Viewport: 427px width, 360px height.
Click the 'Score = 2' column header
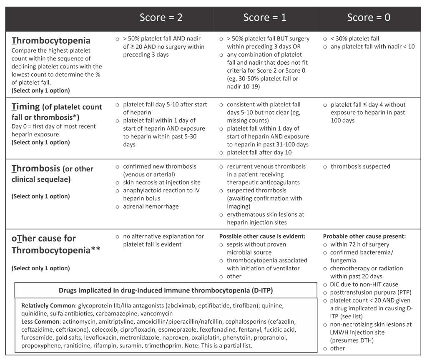(x=161, y=17)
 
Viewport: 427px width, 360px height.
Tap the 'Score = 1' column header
(x=265, y=17)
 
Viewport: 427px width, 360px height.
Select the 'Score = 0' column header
(x=369, y=17)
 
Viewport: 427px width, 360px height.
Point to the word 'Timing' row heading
(x=28, y=107)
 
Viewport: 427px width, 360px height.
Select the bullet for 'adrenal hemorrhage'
(x=118, y=206)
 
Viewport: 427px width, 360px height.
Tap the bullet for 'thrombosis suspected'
(x=325, y=167)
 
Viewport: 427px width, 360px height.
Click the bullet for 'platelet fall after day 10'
(x=221, y=152)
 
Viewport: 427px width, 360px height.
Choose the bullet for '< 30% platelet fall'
(x=325, y=39)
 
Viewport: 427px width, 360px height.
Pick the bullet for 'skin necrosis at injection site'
(x=118, y=182)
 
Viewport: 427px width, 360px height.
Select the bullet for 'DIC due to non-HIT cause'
(x=325, y=284)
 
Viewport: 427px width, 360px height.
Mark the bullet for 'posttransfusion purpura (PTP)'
(x=325, y=292)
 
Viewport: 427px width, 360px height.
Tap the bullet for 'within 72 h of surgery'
(x=325, y=244)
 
